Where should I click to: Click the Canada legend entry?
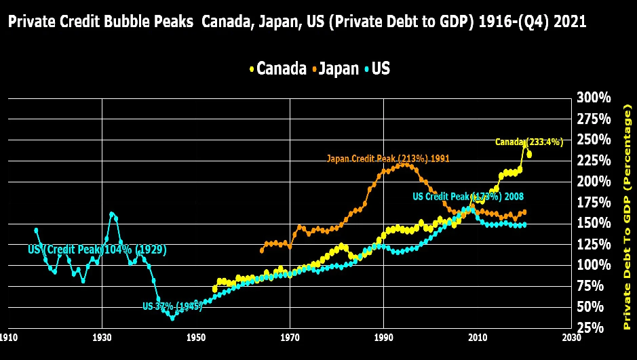[278, 68]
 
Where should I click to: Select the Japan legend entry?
[334, 68]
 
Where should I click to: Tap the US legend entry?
[377, 68]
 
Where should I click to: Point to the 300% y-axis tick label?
[594, 98]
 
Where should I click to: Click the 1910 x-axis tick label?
[9, 337]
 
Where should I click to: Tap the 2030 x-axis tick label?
[571, 337]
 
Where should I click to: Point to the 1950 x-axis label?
[196, 337]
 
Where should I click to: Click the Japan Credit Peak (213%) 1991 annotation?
[388, 159]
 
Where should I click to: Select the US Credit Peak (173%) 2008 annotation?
[468, 197]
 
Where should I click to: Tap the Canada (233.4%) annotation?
[529, 142]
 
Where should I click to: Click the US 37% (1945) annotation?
[172, 306]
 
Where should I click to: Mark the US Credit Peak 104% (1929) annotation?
[97, 249]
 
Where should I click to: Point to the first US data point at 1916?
[36, 231]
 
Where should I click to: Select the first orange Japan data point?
[262, 250]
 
